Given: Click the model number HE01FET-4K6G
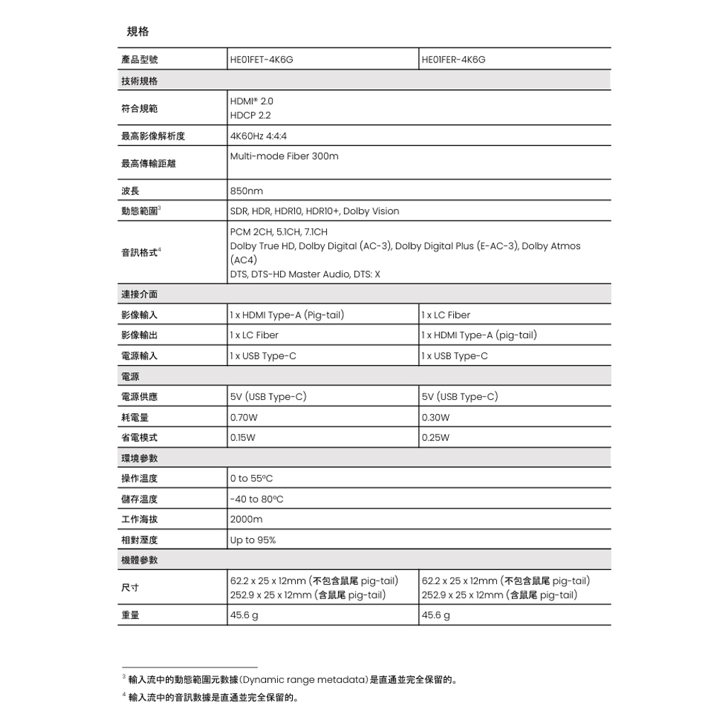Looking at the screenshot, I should click(262, 60).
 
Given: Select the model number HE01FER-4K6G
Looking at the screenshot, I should click(454, 60).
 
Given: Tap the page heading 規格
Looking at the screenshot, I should click(138, 32).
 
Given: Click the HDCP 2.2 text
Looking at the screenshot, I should click(250, 115).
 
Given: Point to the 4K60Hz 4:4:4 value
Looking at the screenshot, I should click(259, 136).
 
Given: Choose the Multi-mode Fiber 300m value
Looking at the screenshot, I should click(284, 156).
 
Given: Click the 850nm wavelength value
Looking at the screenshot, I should click(246, 191).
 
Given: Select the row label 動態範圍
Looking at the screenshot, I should click(139, 211).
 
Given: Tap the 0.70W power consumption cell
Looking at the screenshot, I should click(244, 418).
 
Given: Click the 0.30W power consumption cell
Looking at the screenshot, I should click(435, 418).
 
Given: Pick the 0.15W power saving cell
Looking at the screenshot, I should click(243, 437).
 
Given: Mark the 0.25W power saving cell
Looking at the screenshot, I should click(435, 437).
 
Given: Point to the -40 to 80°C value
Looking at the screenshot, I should click(257, 500).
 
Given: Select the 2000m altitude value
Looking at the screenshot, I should click(246, 520).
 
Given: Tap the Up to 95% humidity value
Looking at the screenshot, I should click(253, 540).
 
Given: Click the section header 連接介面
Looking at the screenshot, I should click(139, 294).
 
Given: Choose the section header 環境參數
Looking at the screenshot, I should click(139, 459).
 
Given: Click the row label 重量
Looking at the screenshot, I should click(130, 615).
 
